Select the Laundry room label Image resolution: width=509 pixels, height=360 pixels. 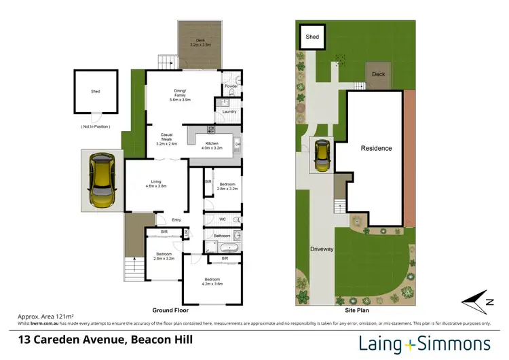[229, 111]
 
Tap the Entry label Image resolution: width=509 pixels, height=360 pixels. [176, 219]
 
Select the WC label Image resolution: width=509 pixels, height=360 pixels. [222, 219]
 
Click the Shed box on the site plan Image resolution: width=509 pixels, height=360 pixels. [312, 37]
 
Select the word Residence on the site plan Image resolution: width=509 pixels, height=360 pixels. [376, 148]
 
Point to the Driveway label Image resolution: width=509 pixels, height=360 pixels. [322, 249]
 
